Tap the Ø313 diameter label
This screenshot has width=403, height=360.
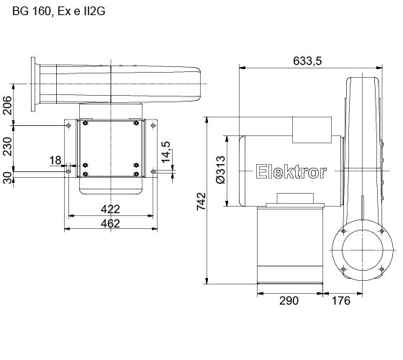(222, 171)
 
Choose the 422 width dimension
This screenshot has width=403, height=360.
(110, 209)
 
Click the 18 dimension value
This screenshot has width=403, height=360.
(55, 160)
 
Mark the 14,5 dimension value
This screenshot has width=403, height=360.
(167, 153)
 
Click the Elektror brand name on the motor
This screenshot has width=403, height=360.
(291, 171)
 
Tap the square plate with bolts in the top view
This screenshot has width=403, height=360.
(110, 148)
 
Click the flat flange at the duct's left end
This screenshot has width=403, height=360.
(32, 86)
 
